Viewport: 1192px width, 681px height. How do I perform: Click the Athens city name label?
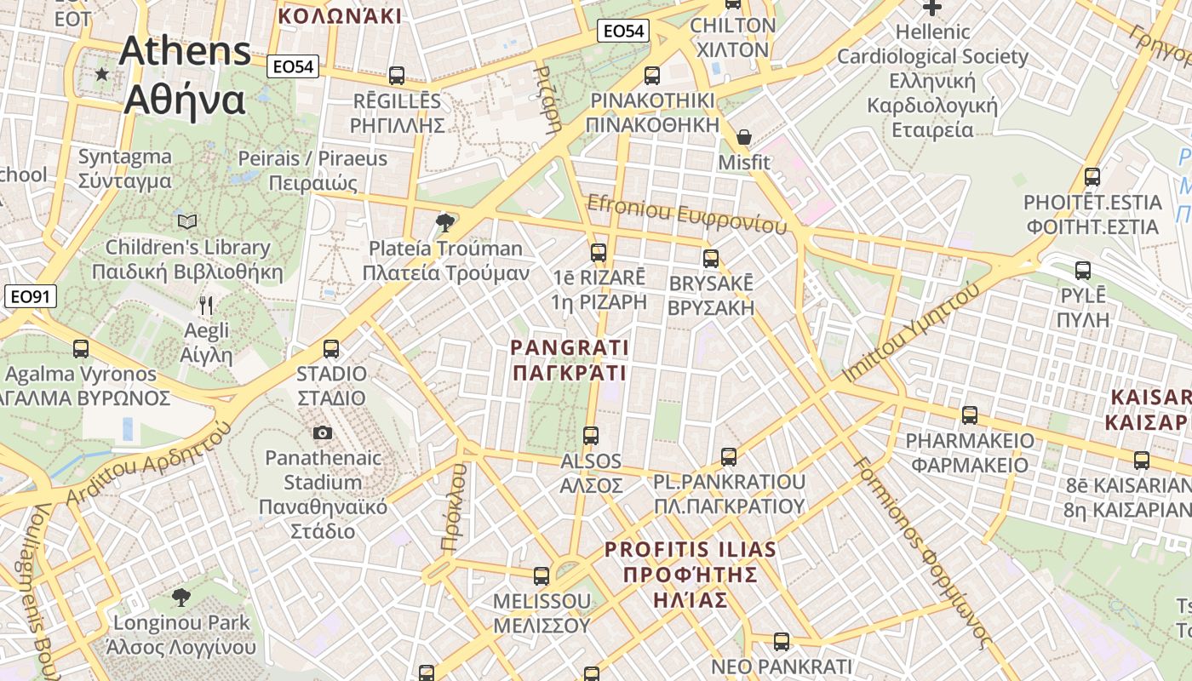186,75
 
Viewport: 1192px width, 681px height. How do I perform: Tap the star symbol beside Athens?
102,74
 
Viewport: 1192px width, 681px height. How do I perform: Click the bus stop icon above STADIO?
331,348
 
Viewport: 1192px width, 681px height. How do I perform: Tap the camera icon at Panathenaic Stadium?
323,432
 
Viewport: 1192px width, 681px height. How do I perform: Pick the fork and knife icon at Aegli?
205,305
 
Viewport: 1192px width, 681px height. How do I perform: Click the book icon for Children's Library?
187,222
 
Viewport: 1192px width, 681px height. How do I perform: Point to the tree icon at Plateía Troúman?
444,223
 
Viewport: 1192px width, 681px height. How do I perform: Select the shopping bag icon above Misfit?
744,137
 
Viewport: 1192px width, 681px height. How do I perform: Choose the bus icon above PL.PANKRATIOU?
729,457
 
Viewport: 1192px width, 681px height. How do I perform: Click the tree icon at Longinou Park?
181,597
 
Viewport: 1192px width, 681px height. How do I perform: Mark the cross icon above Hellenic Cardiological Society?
932,9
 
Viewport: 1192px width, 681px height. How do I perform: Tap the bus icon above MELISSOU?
542,576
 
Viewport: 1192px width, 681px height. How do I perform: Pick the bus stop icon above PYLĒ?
1083,271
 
